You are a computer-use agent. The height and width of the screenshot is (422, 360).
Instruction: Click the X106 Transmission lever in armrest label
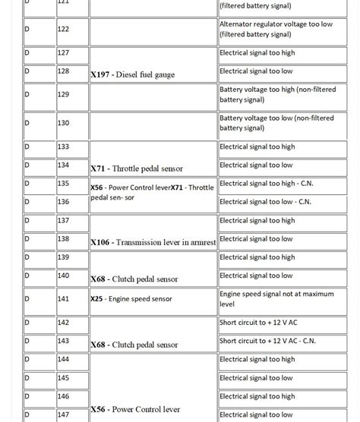tap(153, 243)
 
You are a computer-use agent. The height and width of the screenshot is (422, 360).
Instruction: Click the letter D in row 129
tap(27, 94)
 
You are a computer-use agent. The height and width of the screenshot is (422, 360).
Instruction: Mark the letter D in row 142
tap(27, 323)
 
